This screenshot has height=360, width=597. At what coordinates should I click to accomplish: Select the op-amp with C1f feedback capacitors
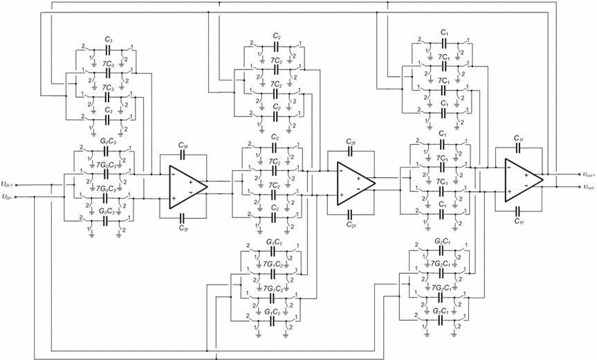point(522,180)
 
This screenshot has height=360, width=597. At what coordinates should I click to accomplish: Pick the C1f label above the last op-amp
point(519,139)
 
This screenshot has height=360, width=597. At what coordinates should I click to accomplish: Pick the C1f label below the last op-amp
point(519,221)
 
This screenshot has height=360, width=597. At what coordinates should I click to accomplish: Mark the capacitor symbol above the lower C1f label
point(519,210)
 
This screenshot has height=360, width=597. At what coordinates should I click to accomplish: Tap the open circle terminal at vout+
point(576,174)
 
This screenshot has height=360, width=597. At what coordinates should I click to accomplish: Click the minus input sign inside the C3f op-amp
point(173,174)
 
